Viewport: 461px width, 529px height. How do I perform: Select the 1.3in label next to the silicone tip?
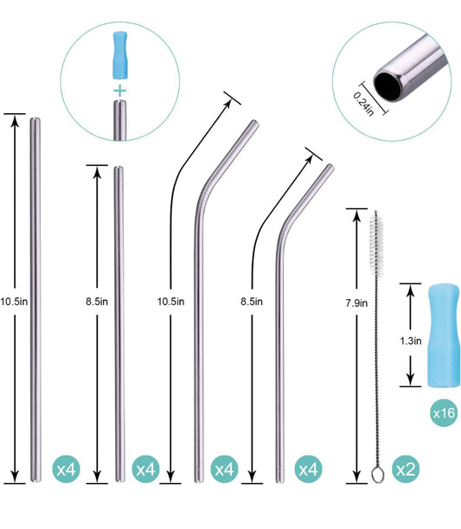click(x=410, y=341)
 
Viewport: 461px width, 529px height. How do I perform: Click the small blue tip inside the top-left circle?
click(x=119, y=55)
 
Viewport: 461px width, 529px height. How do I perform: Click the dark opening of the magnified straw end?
click(x=387, y=81)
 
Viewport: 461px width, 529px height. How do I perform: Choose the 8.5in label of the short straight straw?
click(x=96, y=301)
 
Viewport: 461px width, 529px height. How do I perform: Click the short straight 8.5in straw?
click(x=118, y=320)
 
